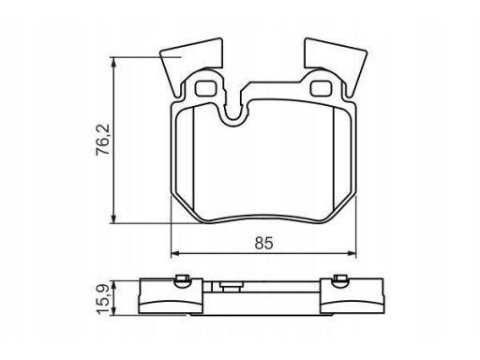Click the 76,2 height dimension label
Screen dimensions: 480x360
click(x=103, y=140)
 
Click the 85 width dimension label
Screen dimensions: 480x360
click(x=263, y=243)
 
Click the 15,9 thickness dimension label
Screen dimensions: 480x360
click(x=103, y=298)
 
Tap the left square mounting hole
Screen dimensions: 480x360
click(x=206, y=88)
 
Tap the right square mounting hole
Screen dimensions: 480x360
click(x=322, y=88)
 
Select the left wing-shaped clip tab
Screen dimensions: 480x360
click(x=190, y=63)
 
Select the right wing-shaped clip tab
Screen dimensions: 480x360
click(x=337, y=63)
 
